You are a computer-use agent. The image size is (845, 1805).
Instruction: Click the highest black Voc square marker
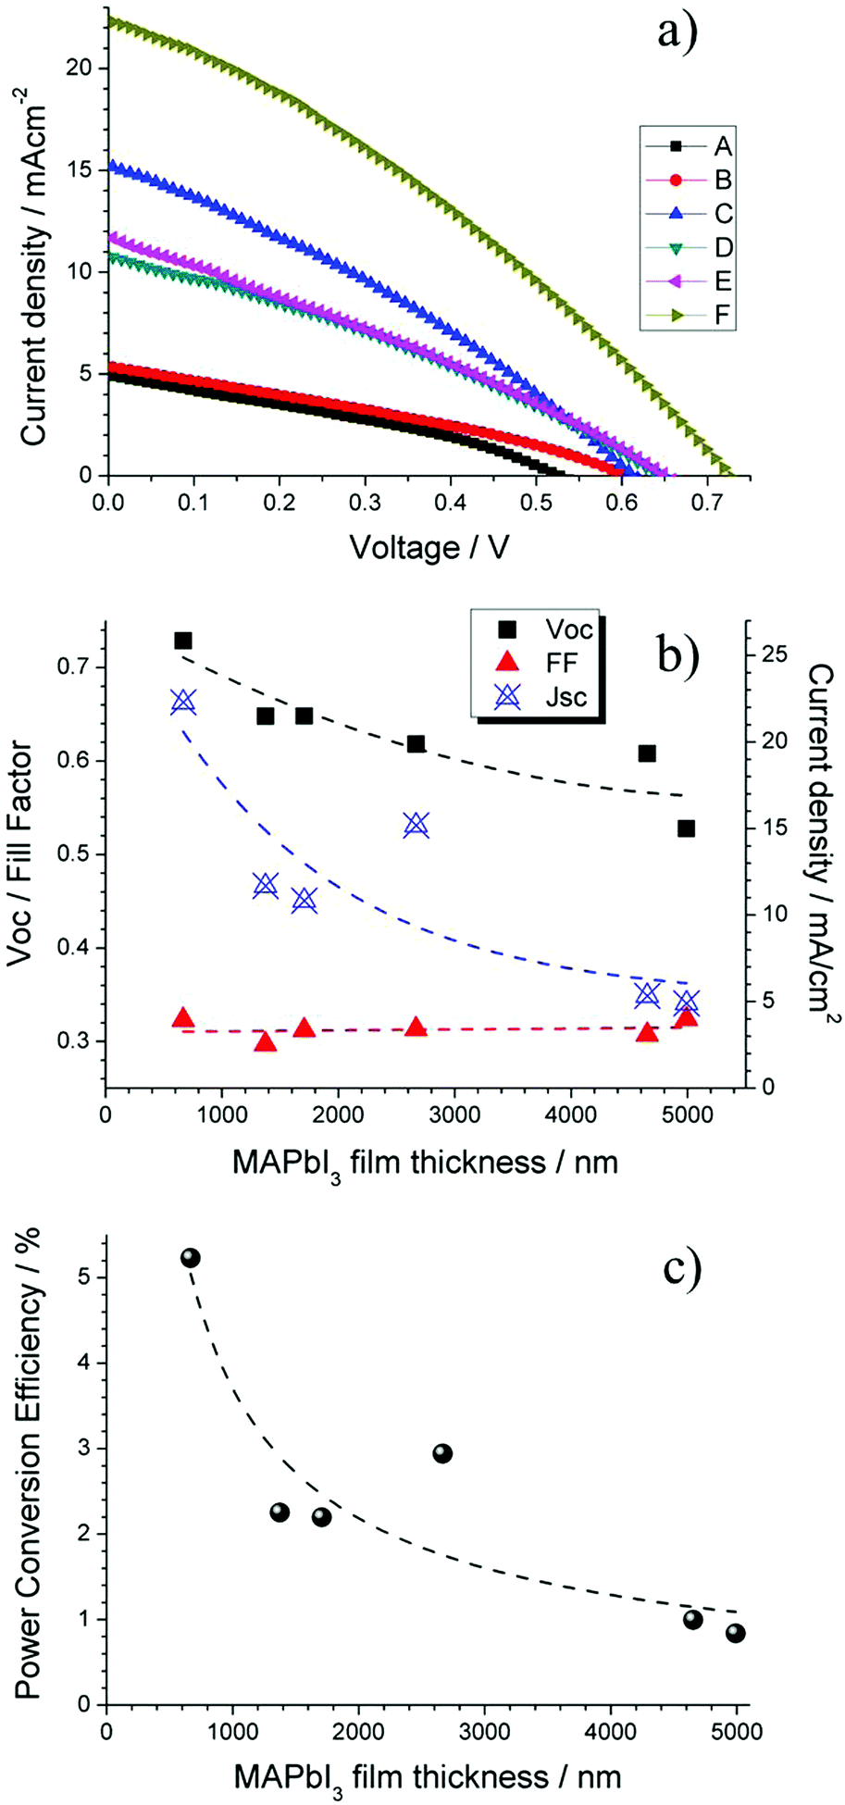click(x=183, y=641)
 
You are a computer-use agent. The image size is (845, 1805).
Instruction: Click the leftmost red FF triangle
click(x=183, y=1018)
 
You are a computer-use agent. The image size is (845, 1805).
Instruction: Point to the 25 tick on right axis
click(x=777, y=654)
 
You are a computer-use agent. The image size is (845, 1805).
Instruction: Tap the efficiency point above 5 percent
click(x=191, y=1257)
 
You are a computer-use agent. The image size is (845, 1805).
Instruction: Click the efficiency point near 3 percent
click(x=442, y=1453)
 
